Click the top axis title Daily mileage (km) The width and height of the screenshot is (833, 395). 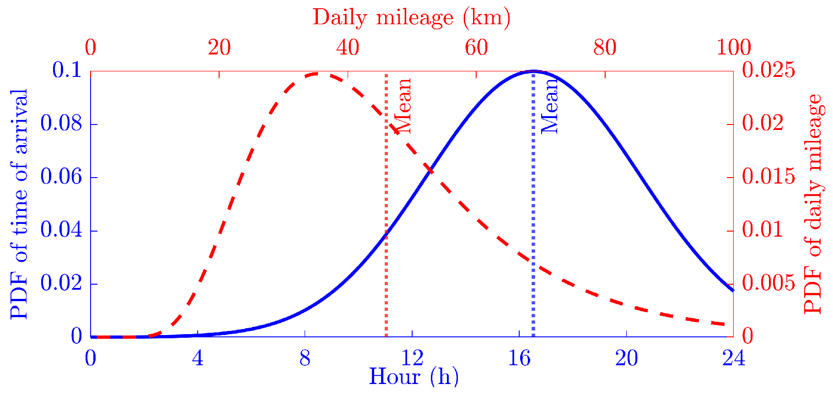(411, 17)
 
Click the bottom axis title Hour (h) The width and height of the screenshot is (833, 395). (413, 377)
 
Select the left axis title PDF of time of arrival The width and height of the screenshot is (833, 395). (19, 204)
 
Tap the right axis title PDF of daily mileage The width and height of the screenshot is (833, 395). (813, 204)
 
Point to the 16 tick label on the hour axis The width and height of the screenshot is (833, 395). (519, 358)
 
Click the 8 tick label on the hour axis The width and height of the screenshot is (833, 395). (305, 358)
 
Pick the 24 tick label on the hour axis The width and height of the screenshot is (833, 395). (733, 358)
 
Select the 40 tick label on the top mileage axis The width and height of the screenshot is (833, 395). (348, 48)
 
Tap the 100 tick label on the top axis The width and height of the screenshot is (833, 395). (733, 48)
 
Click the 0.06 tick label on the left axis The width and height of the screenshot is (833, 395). (61, 177)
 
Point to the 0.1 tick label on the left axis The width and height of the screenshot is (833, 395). (67, 70)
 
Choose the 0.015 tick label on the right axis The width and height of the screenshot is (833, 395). (769, 177)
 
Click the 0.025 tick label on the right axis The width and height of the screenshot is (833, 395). (769, 70)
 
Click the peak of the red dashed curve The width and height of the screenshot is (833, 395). (318, 73)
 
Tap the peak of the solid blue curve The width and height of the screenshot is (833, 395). (533, 71)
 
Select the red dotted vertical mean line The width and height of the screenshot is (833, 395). (387, 275)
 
